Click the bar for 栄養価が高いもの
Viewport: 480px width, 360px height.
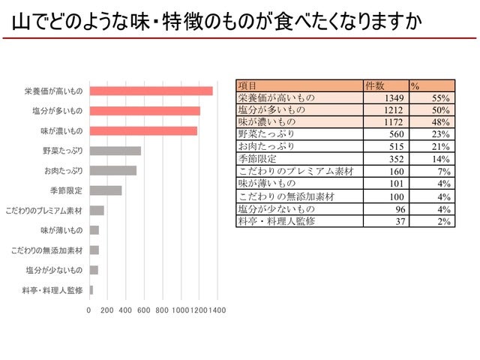click(151, 91)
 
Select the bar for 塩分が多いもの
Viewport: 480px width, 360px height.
click(145, 111)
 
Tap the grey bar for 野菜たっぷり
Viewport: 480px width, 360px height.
click(115, 151)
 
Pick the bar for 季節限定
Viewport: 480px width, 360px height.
click(105, 190)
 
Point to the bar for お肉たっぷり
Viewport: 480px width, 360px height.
click(112, 170)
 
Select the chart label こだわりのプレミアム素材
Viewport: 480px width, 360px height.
click(43, 211)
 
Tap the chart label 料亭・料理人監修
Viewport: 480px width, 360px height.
click(54, 290)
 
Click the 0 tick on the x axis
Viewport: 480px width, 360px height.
click(89, 309)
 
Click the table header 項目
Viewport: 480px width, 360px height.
click(247, 85)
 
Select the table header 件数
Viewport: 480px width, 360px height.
click(374, 85)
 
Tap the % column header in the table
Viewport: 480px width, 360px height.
click(415, 85)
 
